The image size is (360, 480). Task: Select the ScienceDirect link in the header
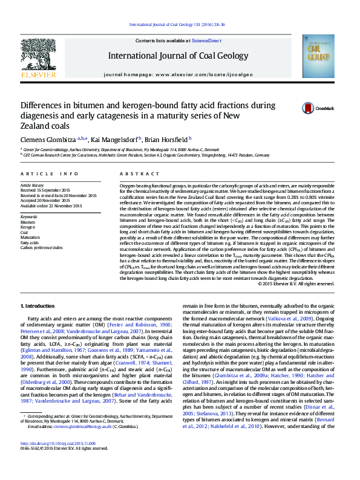click(207, 40)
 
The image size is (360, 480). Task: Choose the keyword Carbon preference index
click(41, 247)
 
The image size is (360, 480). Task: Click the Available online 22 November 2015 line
click(51, 206)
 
